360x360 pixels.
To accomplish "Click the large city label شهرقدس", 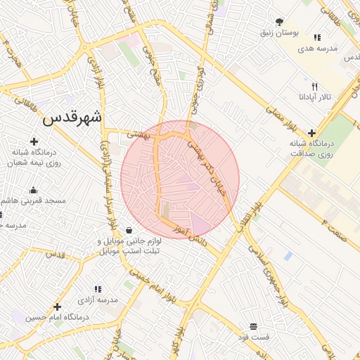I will pos(72,117).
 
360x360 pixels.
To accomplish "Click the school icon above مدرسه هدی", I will pos(317,37).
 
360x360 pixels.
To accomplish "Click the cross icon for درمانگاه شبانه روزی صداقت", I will pos(311,132).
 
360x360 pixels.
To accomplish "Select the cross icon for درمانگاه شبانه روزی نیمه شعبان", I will pos(34,142).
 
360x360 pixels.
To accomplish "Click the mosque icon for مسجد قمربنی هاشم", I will pos(33,189).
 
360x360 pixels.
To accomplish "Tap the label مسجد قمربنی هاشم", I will pos(39,200).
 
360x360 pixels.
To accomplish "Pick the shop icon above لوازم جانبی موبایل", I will pos(129,231).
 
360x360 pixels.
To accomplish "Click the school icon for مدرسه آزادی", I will pos(98,288).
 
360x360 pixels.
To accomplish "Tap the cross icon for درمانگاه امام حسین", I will pos(58,307).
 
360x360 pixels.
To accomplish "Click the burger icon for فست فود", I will pos(253,326).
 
